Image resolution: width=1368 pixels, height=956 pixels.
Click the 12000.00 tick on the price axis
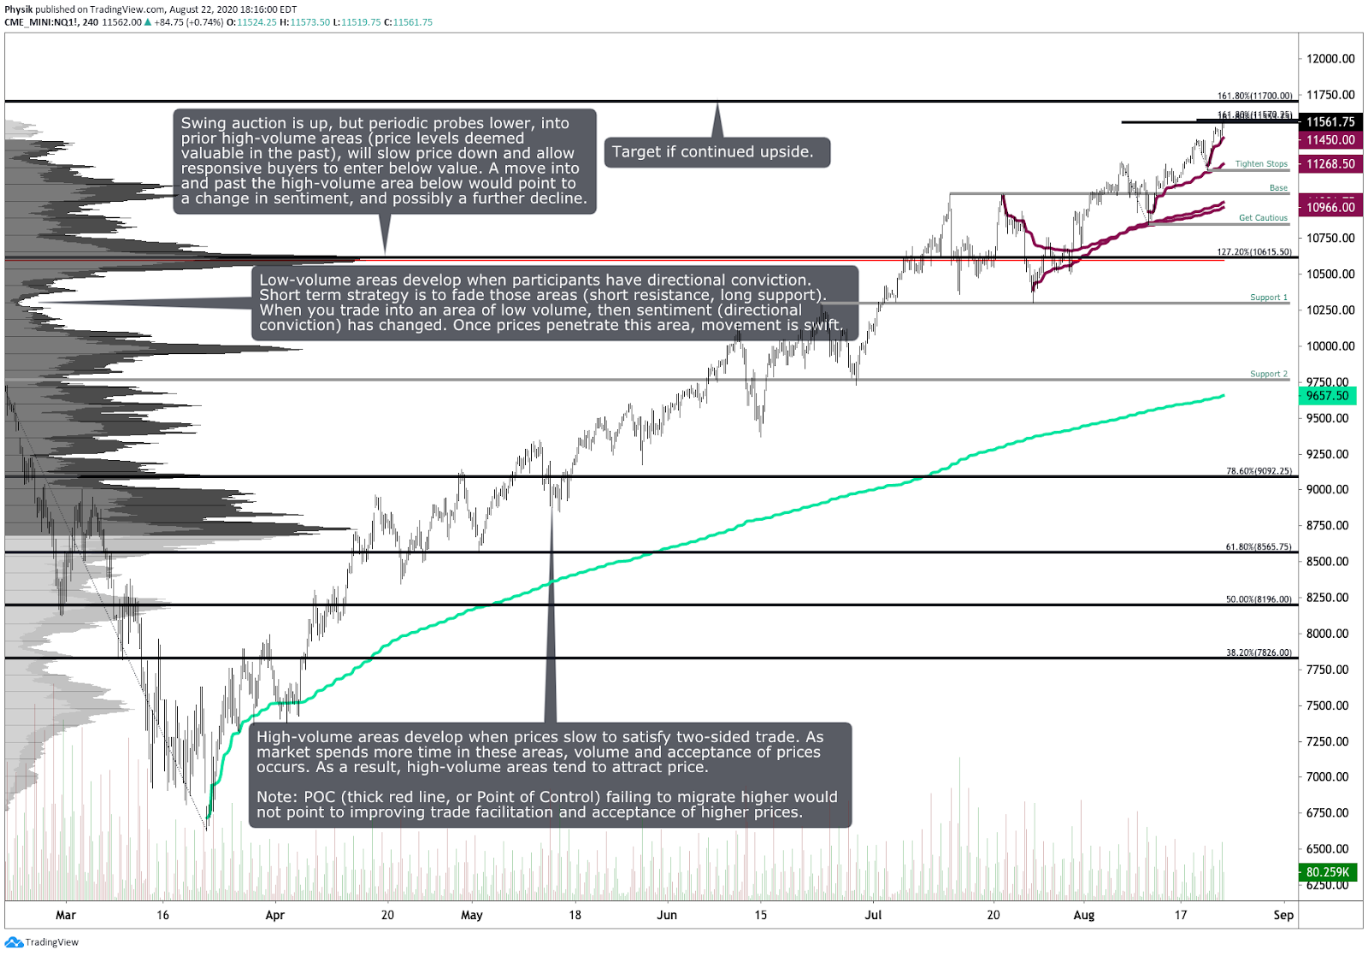point(1330,59)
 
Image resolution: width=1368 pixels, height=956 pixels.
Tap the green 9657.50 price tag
point(1328,396)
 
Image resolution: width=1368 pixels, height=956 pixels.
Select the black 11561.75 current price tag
point(1330,122)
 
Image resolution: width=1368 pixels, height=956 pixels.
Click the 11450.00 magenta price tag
point(1330,140)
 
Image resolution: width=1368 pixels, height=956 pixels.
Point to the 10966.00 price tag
point(1330,208)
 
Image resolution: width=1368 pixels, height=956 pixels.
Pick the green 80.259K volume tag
point(1328,872)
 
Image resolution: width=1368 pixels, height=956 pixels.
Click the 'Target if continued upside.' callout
point(716,152)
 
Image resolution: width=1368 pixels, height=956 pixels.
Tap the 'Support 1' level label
point(1268,298)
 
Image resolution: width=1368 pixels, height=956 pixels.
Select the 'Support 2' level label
point(1268,374)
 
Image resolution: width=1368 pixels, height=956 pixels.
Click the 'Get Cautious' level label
point(1263,218)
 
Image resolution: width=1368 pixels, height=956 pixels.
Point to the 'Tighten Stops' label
point(1261,164)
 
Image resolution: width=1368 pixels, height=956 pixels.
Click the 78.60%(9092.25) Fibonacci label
point(1259,471)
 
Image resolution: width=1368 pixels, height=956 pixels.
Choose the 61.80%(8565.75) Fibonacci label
point(1259,546)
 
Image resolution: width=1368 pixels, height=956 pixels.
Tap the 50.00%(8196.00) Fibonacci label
point(1259,599)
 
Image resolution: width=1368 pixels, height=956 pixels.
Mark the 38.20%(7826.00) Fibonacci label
point(1259,652)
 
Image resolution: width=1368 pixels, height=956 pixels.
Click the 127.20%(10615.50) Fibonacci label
point(1254,252)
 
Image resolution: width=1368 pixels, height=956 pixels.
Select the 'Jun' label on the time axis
point(667,915)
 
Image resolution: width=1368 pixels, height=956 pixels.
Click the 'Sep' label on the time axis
point(1282,915)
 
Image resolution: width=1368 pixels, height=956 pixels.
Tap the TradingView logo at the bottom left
point(42,942)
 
